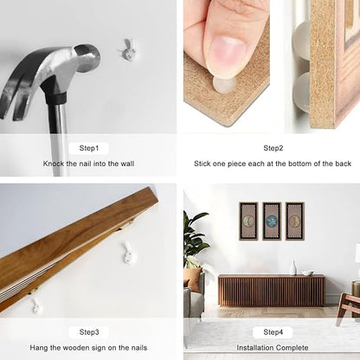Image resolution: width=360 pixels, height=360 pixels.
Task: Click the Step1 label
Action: pos(89,148)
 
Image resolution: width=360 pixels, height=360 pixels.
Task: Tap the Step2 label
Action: pos(273,148)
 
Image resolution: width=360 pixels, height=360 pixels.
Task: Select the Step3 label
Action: pos(89,332)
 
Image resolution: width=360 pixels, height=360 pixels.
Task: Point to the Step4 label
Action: pos(273,332)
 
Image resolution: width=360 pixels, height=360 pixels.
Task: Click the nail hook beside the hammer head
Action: pos(128,50)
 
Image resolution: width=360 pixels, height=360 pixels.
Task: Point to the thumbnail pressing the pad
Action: pos(228,55)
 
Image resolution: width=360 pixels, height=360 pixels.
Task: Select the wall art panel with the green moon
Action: pos(248,222)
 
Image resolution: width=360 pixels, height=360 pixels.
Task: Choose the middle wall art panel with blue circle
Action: pos(272,222)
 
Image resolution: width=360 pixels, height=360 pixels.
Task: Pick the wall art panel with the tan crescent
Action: pos(295,222)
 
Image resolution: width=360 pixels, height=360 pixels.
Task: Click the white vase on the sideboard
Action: pos(293,267)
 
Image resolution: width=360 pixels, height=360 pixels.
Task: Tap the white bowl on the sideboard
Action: pos(307,273)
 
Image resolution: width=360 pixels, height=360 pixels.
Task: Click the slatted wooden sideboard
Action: pos(272,291)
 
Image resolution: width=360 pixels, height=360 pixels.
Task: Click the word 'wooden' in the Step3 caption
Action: pos(76,348)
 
